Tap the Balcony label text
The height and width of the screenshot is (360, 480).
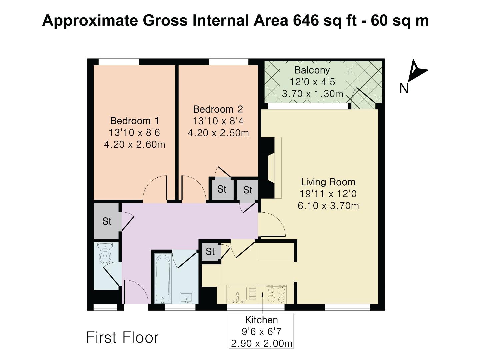click(312, 70)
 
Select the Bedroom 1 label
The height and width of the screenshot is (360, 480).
click(135, 121)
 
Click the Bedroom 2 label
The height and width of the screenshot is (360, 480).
click(218, 109)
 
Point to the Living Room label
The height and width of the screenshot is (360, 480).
click(328, 182)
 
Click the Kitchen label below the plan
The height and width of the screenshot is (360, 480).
click(261, 320)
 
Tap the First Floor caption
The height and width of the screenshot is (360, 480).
click(122, 337)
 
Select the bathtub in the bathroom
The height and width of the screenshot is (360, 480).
click(163, 279)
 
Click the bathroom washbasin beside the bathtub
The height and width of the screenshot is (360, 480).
click(186, 298)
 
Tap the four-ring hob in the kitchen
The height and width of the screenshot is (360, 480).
click(276, 294)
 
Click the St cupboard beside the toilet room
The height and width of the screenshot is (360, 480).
click(107, 221)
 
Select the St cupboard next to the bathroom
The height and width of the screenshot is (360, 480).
click(210, 251)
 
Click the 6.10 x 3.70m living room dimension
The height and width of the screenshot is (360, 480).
click(328, 206)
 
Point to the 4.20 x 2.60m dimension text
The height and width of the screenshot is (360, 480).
click(135, 144)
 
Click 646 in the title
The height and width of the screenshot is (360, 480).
click(305, 21)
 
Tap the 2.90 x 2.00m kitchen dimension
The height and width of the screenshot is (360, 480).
click(261, 343)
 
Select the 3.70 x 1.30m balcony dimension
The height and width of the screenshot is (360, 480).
click(312, 94)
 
